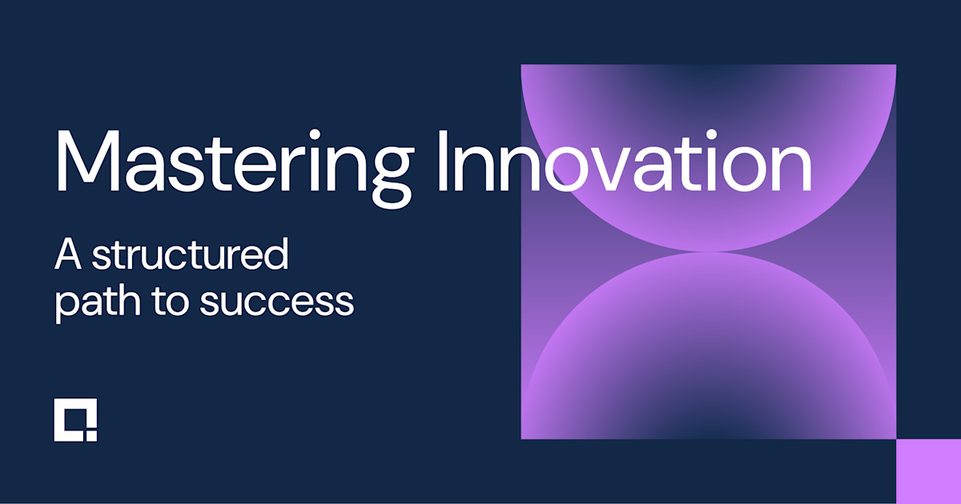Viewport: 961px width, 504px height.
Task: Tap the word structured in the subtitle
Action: coord(190,256)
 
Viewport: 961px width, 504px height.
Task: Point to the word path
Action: coord(89,302)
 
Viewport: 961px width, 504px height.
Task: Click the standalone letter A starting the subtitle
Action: coord(69,256)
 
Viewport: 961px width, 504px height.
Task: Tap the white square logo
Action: coord(75,419)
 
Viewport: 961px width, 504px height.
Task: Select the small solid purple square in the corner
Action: coord(928,471)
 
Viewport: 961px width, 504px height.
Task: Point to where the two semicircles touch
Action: coord(708,252)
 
